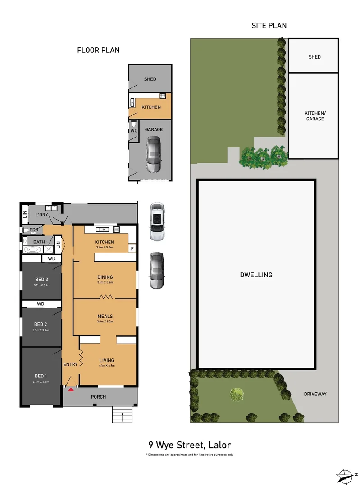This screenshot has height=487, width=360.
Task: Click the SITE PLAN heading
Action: tap(269, 26)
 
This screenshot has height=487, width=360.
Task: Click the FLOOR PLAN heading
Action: tap(98, 50)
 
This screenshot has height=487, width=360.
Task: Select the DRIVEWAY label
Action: tap(314, 394)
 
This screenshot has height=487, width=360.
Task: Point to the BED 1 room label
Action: tap(41, 376)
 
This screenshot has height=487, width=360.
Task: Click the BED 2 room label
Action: tap(41, 324)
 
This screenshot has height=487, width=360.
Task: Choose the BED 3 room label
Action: tap(41, 279)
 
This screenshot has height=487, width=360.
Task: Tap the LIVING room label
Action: tap(107, 360)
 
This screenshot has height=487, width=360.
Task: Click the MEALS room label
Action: tap(105, 316)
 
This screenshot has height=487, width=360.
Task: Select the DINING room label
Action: tap(105, 277)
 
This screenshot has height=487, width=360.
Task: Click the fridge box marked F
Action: tap(132, 248)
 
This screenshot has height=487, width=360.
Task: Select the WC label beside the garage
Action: tap(133, 131)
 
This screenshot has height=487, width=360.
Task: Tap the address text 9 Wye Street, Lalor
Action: tap(189, 445)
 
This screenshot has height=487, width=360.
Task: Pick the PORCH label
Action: tap(98, 397)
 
